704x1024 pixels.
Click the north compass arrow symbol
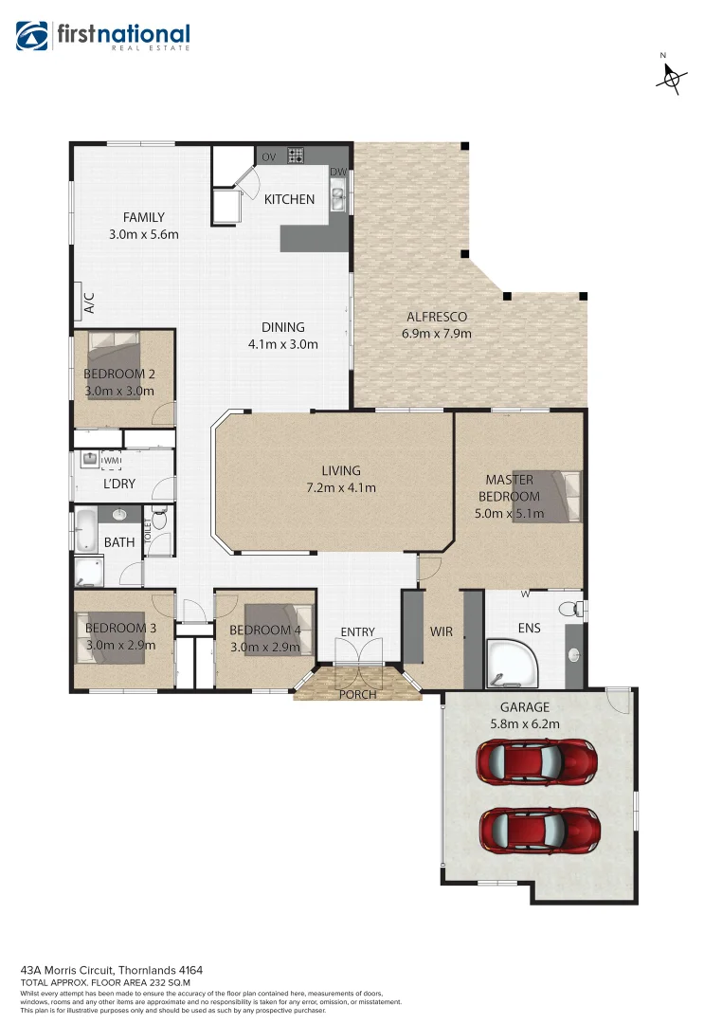(x=670, y=79)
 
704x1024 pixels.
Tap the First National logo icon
(x=32, y=36)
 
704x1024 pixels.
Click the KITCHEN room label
(x=289, y=199)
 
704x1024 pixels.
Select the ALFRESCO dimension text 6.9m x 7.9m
(x=437, y=333)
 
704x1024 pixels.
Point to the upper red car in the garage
(x=536, y=759)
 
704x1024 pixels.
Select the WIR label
(x=442, y=631)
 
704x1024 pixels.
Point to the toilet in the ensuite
(x=571, y=608)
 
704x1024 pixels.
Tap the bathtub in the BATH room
(x=86, y=532)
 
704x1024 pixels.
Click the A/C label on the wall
(x=89, y=303)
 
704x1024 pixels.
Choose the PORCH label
(x=357, y=694)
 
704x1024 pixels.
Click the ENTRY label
(x=357, y=631)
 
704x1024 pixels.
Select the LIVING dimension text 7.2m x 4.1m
(x=340, y=488)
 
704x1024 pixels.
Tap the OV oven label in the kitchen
(x=268, y=155)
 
